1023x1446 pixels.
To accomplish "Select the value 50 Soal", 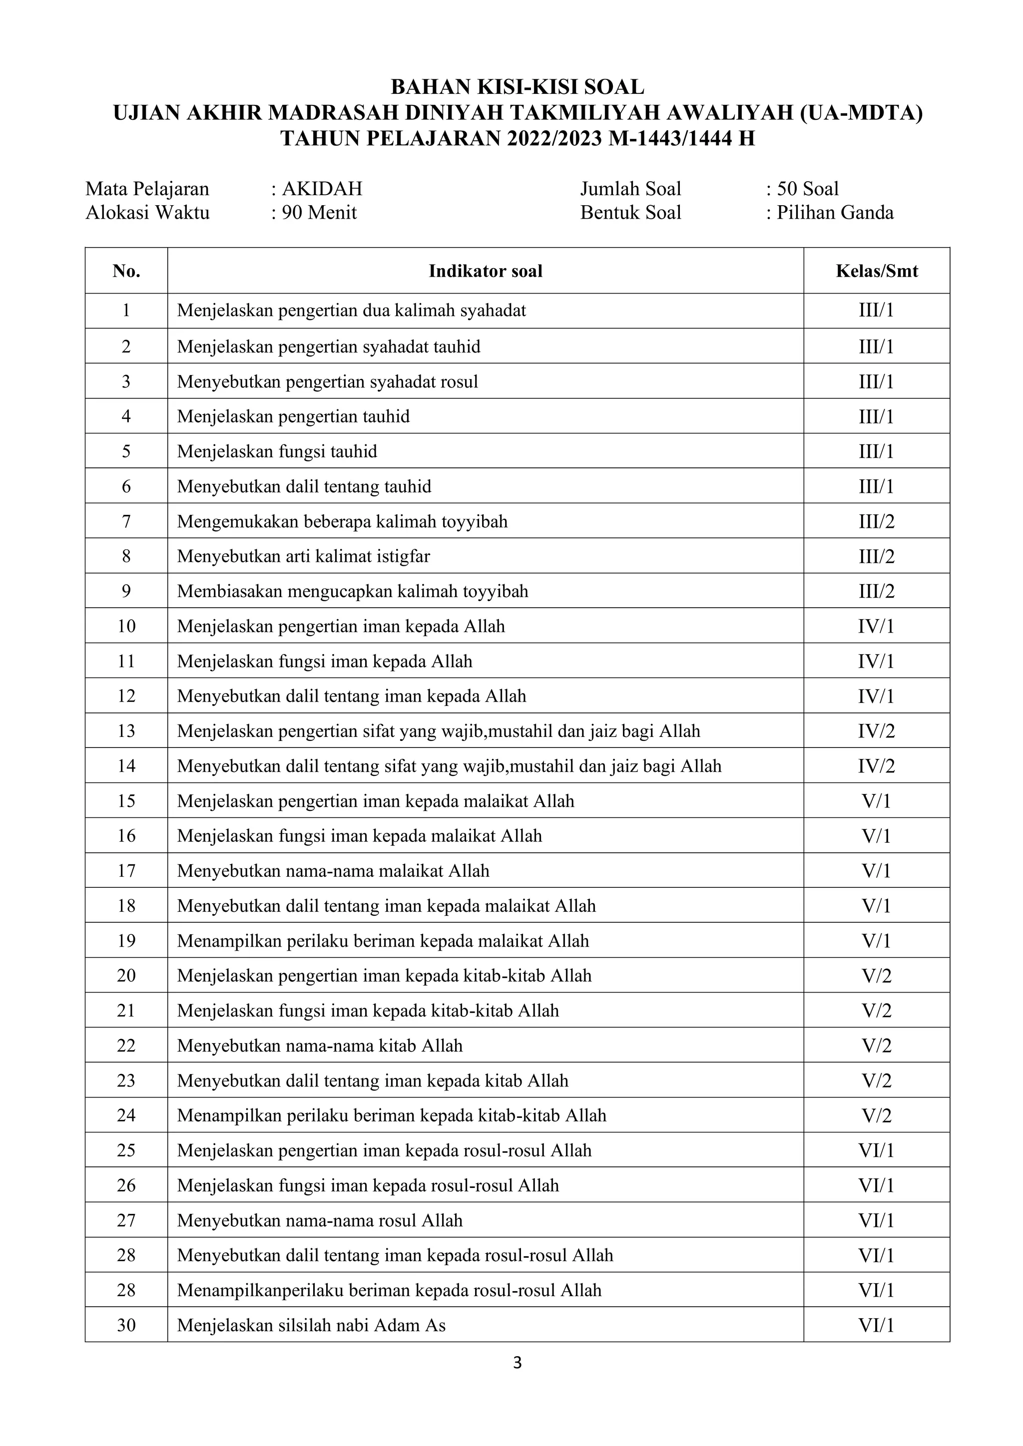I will [808, 189].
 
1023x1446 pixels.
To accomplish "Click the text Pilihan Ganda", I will [835, 213].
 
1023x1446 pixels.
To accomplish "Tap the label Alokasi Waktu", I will [147, 213].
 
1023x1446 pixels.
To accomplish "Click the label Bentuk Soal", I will [630, 213].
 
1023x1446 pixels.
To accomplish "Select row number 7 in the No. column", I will [126, 521].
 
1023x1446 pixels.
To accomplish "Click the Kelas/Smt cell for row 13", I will [876, 731].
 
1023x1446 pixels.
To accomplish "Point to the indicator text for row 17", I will [333, 871].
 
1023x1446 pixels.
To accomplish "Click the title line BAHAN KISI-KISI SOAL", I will [517, 86].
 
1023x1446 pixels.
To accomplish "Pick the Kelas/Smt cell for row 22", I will [876, 1046].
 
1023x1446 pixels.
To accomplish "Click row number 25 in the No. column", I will [126, 1150].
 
